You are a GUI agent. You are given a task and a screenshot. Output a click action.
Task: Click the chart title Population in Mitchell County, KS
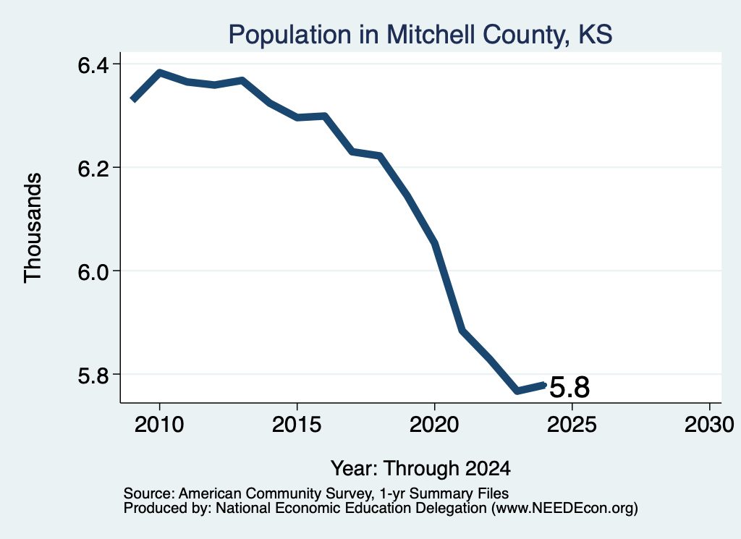coord(420,35)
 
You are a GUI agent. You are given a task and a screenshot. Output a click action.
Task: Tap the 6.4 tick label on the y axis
coord(93,64)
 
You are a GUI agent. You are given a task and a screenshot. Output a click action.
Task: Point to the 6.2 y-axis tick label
coord(93,168)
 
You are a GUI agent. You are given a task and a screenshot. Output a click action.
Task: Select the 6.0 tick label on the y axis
coord(93,271)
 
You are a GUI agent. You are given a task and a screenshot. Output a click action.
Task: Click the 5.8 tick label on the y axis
coord(93,375)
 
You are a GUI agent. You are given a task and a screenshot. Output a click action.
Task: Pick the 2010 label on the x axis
coord(159,424)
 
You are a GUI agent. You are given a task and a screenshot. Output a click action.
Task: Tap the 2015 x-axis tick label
coord(297,424)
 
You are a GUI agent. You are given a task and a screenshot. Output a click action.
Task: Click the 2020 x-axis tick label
coord(434,424)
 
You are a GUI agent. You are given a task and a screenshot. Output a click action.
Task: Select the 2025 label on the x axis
coord(572,424)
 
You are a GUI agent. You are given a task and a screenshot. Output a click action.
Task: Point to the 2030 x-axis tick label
coord(709,424)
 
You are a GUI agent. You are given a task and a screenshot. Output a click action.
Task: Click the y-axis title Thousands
coord(33,228)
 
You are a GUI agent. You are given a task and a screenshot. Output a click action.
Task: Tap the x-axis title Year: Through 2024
coord(420,468)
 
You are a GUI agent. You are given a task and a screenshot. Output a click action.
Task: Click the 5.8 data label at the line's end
coord(569,387)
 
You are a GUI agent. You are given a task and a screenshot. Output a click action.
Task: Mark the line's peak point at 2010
coord(160,73)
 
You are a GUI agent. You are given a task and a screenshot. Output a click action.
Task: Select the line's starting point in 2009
coord(133,100)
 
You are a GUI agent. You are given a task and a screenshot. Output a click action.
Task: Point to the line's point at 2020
coord(435,244)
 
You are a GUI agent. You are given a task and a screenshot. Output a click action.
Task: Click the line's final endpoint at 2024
coord(544,385)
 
